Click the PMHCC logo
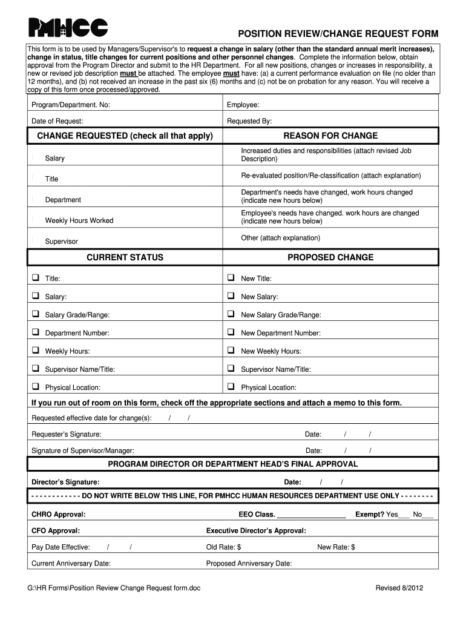click(x=68, y=27)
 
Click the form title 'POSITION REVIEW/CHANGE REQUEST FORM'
click(x=338, y=34)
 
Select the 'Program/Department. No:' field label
click(x=71, y=105)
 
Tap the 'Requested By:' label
click(x=249, y=121)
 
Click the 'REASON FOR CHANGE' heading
click(x=330, y=136)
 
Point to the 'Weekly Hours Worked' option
click(x=79, y=220)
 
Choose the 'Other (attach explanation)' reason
click(x=281, y=238)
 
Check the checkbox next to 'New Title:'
click(x=231, y=278)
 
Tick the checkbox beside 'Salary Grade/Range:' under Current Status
click(x=35, y=314)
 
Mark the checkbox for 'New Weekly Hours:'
click(x=231, y=351)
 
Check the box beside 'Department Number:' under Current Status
click(x=35, y=332)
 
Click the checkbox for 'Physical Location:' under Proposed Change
click(x=231, y=386)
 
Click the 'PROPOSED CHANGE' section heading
click(x=330, y=257)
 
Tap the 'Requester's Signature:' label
click(x=67, y=435)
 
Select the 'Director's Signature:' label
click(x=65, y=483)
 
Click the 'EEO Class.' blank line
click(x=312, y=515)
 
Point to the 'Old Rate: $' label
click(x=224, y=547)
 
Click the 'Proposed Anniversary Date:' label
click(x=249, y=564)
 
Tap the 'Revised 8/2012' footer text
click(x=399, y=589)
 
